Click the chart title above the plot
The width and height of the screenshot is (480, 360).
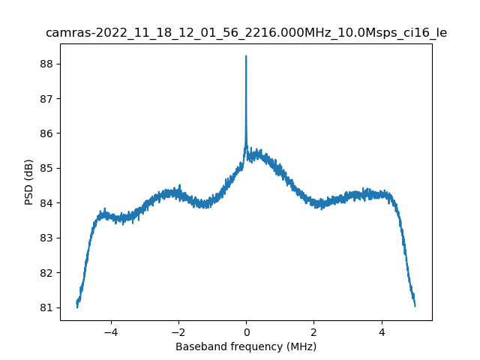[x=246, y=33]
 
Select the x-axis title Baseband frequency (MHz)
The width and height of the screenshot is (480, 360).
[x=246, y=346]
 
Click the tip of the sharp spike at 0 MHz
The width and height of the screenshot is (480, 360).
[x=246, y=56]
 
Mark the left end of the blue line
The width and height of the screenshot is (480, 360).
[x=77, y=302]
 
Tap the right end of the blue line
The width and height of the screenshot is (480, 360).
[x=415, y=305]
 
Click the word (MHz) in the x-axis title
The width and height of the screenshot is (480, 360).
[x=300, y=346]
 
